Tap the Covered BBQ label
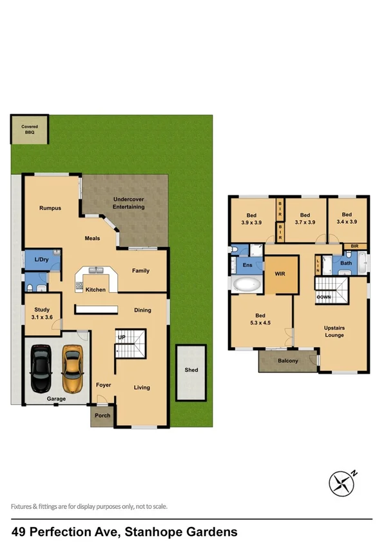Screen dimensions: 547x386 click(29, 130)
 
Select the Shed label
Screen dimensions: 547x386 click(191, 370)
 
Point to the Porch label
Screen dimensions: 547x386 click(102, 415)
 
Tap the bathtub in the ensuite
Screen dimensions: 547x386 click(247, 284)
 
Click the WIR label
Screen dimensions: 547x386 click(280, 273)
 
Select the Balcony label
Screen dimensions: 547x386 click(287, 361)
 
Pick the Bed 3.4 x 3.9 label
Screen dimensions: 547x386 click(347, 218)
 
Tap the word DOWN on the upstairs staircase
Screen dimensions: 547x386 click(324, 296)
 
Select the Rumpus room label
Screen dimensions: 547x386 click(50, 208)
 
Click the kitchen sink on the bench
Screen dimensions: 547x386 click(97, 270)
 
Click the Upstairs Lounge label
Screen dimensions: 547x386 click(334, 332)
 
